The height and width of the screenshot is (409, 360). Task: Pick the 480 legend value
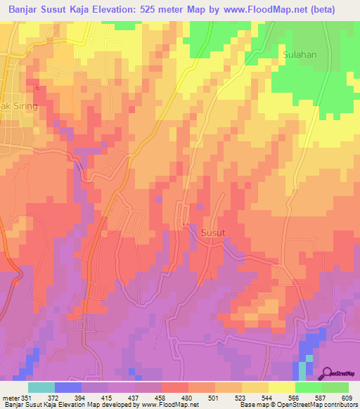pyautogui.click(x=187, y=398)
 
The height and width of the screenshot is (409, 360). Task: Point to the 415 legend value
pyautogui.click(x=107, y=398)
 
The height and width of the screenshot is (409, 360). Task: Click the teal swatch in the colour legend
pyautogui.click(x=41, y=387)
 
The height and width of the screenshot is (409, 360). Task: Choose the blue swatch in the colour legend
pyautogui.click(x=68, y=387)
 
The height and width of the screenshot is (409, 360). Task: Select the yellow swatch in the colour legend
pyautogui.click(x=282, y=387)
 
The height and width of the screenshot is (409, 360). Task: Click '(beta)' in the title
pyautogui.click(x=335, y=9)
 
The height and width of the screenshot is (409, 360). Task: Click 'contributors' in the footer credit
pyautogui.click(x=341, y=405)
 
